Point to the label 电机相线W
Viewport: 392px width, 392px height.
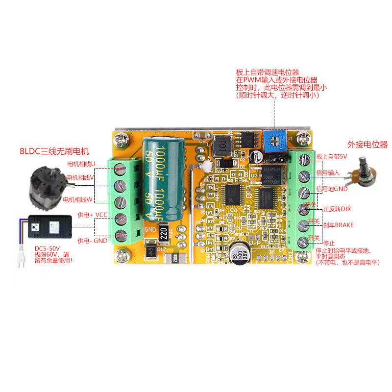tap(78, 199)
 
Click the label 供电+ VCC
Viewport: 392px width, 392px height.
tap(92, 215)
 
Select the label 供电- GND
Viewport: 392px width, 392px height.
tap(92, 241)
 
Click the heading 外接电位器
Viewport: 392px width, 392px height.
tap(367, 145)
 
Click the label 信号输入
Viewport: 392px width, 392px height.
tap(328, 173)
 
